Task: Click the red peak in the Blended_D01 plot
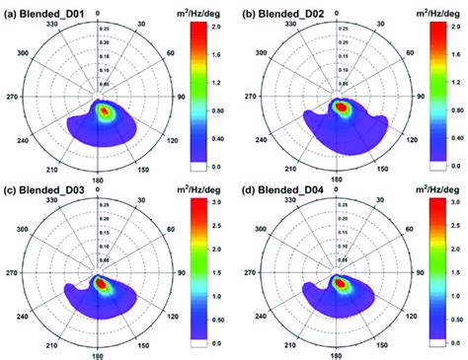105,111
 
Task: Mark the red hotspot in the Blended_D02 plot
341,107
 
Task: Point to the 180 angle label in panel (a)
100,180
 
